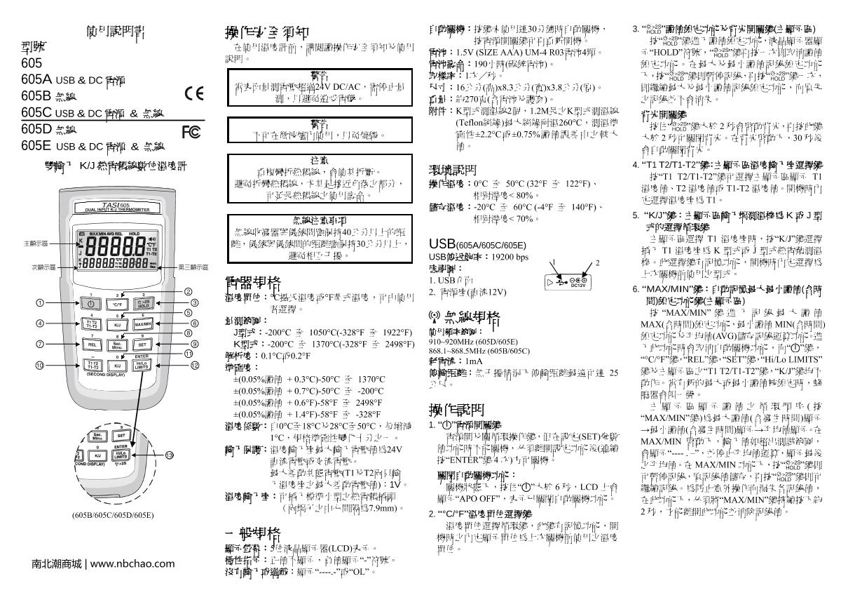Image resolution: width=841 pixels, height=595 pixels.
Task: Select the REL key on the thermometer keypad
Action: pyautogui.click(x=93, y=345)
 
